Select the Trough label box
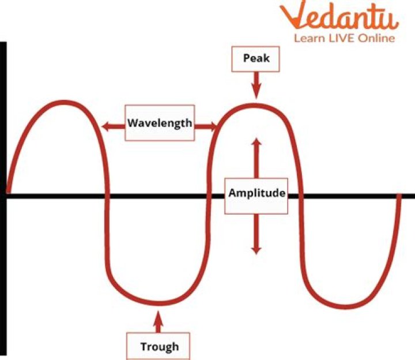(159, 346)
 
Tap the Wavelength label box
(160, 123)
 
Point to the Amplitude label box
(256, 193)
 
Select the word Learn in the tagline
(307, 38)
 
